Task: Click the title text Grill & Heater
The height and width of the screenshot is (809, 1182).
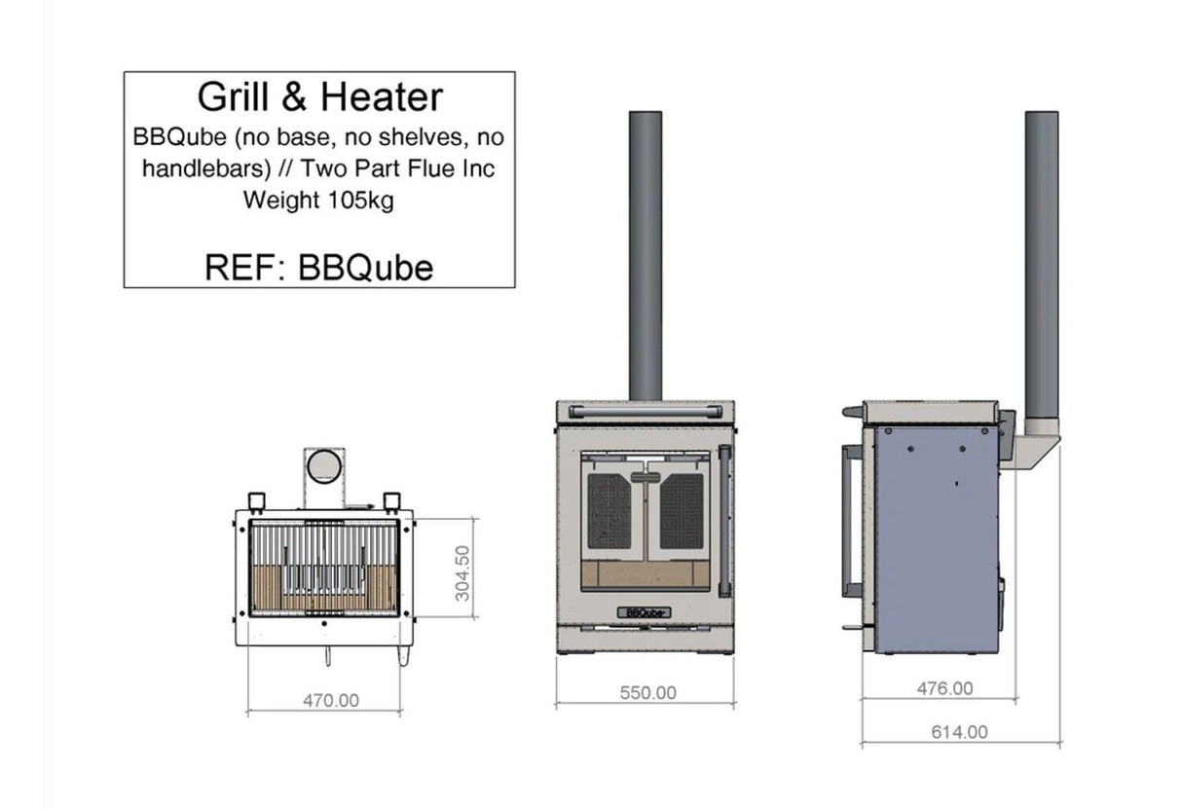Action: coord(319,97)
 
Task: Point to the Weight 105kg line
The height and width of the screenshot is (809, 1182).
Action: coord(318,202)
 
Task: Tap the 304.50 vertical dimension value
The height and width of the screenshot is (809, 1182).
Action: coord(462,572)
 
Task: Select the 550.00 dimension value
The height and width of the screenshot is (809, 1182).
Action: coord(647,693)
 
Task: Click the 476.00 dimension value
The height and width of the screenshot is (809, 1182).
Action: coord(944,688)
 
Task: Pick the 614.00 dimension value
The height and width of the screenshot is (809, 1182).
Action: coord(959,732)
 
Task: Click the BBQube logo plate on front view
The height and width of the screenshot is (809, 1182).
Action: coord(645,611)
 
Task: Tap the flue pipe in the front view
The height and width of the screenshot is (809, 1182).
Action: coord(646,253)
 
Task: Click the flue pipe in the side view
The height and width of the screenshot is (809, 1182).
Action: coord(1042,263)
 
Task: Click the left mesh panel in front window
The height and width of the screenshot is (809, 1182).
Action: coord(609,510)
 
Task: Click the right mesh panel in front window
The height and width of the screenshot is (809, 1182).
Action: coord(682,510)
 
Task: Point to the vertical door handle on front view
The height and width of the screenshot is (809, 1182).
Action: coord(723,521)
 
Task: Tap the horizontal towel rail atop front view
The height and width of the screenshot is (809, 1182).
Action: coord(645,412)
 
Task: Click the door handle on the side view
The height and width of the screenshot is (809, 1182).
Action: coord(850,521)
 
